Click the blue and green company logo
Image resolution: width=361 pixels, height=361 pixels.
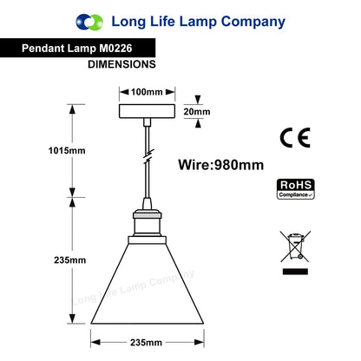click(89, 22)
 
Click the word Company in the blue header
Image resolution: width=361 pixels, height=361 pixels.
click(253, 23)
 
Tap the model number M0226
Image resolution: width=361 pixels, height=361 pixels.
click(115, 48)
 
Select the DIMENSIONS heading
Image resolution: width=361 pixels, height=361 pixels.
click(121, 64)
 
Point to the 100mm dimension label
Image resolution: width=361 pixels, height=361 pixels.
click(147, 92)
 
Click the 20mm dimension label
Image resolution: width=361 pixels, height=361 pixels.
click(197, 112)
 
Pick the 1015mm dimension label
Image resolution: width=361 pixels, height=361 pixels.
click(67, 150)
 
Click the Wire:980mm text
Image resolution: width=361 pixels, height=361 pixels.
click(221, 165)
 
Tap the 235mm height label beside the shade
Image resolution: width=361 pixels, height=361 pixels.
click(70, 260)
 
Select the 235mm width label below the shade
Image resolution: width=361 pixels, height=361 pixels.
click(146, 343)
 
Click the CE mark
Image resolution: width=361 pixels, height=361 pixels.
click(295, 138)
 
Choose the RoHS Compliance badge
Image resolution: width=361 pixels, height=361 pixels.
click(296, 189)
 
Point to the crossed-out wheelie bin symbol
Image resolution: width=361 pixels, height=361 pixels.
click(295, 246)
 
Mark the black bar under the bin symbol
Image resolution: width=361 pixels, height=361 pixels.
click(295, 272)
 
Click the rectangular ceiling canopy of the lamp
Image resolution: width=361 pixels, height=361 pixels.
click(147, 111)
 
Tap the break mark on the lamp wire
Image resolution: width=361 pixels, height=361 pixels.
click(148, 156)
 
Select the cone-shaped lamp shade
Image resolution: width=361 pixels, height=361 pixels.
click(148, 284)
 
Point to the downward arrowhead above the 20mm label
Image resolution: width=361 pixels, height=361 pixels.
click(198, 100)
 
